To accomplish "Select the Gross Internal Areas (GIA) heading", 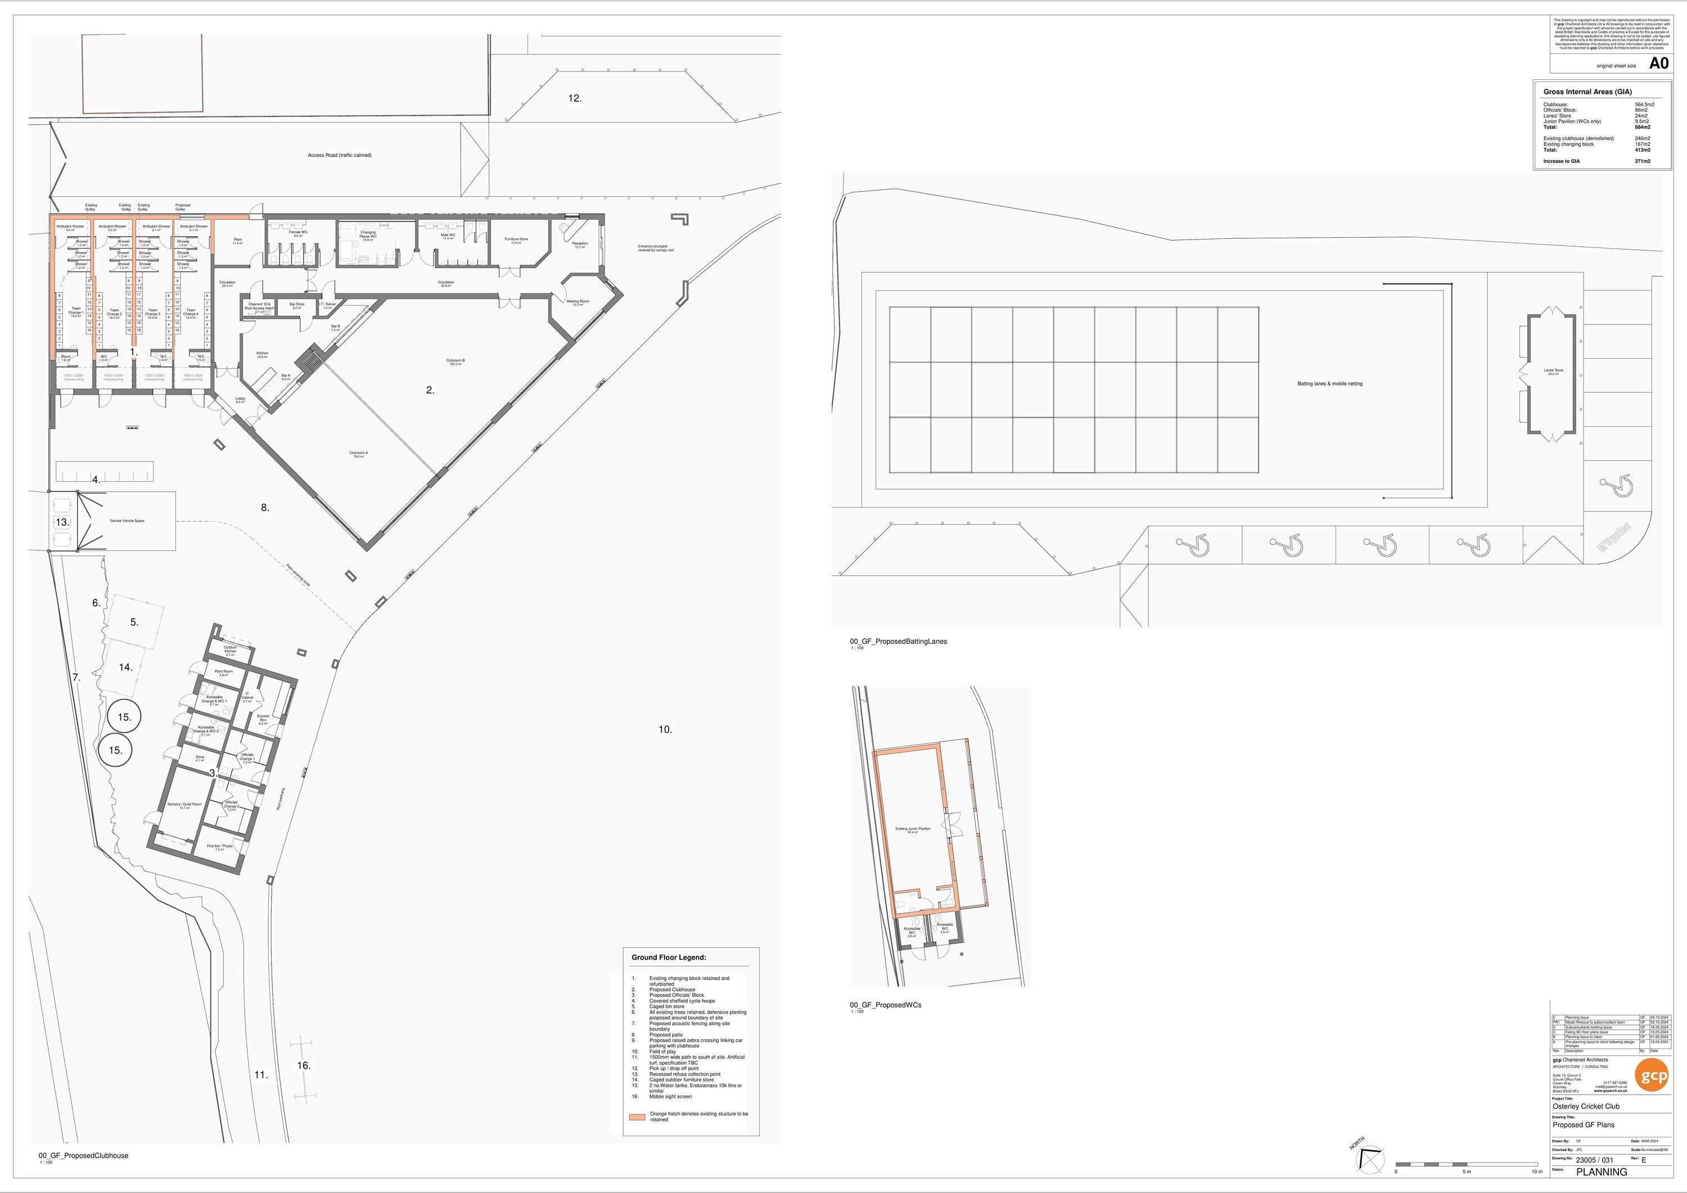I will pos(1587,92).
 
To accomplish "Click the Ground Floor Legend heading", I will pos(668,957).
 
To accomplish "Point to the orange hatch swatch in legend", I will pos(637,1117).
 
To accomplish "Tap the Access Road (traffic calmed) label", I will pos(340,156).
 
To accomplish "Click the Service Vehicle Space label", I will pos(127,521).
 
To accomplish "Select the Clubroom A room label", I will pos(359,454).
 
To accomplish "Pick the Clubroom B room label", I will pos(455,361).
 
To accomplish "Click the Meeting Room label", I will pos(578,302).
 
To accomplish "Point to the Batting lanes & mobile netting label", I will pos(1329,383).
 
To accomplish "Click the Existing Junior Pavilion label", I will pos(913,829).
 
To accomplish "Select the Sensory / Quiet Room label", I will pos(184,805).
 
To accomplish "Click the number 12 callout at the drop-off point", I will pos(575,98).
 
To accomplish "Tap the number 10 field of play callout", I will pos(665,730).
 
